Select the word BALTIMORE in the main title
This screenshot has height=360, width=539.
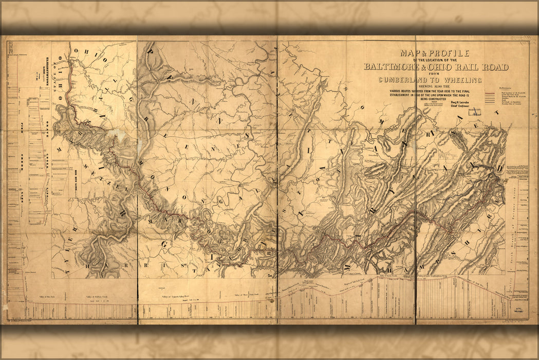[x=395, y=67]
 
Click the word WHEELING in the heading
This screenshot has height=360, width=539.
[x=463, y=80]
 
